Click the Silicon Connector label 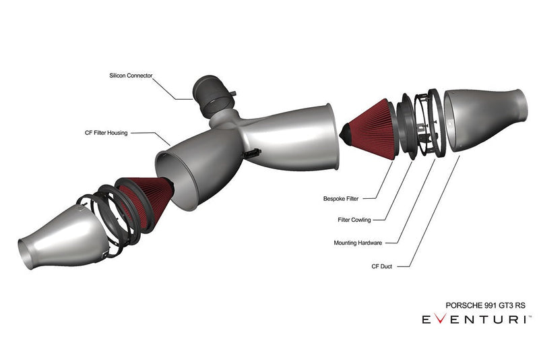click(x=131, y=76)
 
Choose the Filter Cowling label click(x=354, y=220)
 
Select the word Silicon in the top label click(x=119, y=76)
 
